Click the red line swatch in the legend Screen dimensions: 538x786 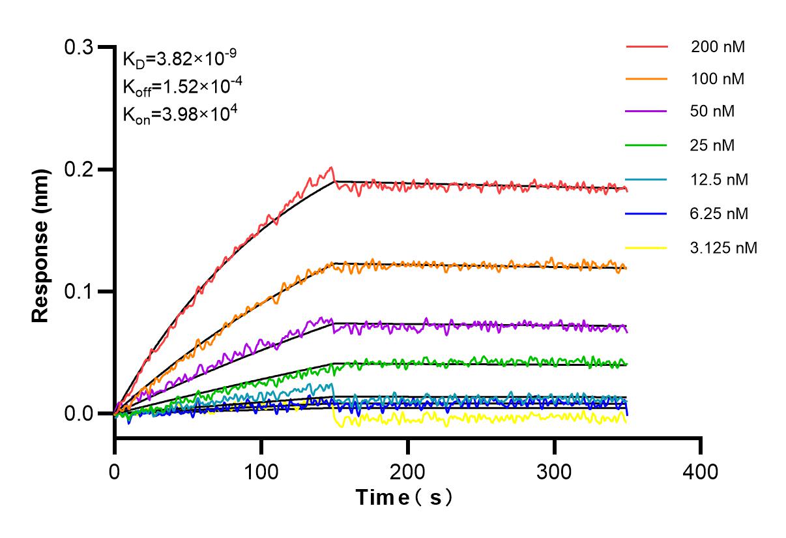(x=647, y=47)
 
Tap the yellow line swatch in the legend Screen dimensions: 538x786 (x=647, y=248)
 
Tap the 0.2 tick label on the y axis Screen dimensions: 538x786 (x=80, y=170)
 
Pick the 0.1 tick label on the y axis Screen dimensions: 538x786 (x=80, y=291)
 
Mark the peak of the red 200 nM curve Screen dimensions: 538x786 (x=332, y=168)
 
